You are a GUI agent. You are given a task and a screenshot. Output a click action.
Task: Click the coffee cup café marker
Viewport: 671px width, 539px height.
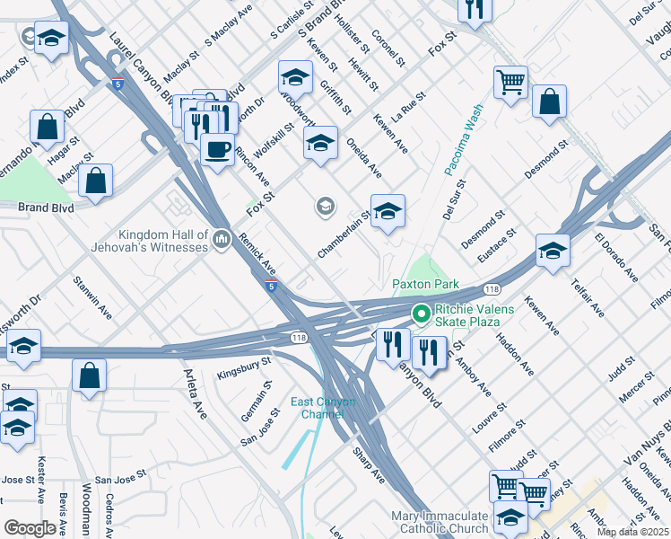coord(216,149)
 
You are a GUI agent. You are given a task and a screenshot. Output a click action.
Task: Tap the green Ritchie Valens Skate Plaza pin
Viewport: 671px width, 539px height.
coord(419,314)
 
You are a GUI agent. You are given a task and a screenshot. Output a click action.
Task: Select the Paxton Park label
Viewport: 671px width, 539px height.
coord(425,285)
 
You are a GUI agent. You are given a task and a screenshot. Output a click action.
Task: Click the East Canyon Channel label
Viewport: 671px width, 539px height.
coord(323,408)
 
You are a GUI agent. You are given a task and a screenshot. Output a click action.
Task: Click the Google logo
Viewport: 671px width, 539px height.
coord(30,527)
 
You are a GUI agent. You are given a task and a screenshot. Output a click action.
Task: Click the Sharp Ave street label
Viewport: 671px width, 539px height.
coord(368,464)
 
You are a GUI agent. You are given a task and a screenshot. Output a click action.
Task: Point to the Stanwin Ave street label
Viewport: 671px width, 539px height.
coord(93,298)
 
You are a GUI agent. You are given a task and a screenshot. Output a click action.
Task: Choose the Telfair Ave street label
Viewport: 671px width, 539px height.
coord(587,296)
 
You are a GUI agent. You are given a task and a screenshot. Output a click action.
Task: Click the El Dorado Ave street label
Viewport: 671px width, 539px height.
coord(614,256)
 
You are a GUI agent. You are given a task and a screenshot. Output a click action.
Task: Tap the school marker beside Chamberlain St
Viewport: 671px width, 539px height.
coord(388,212)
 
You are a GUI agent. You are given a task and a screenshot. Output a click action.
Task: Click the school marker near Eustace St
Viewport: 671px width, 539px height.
coord(553,252)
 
